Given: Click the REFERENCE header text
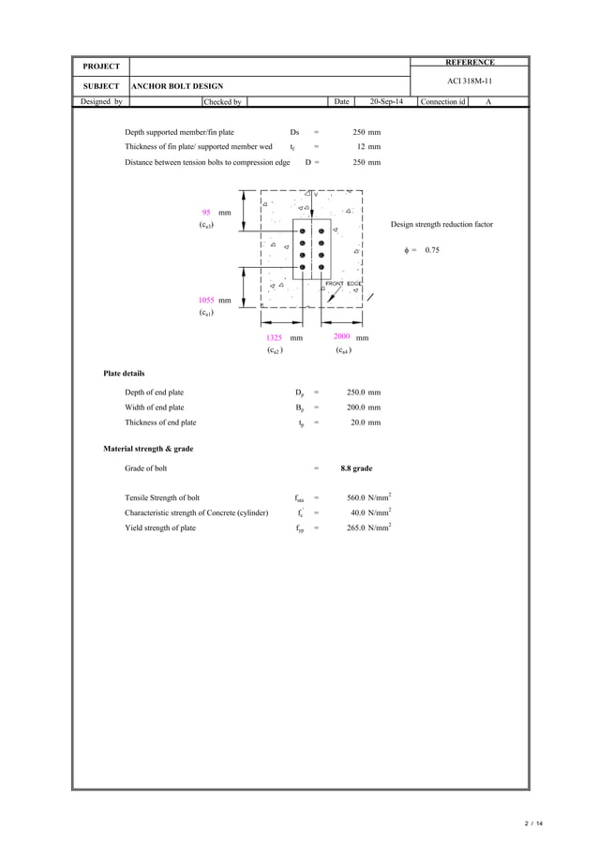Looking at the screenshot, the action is tap(470, 62).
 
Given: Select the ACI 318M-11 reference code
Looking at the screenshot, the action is tap(470, 82).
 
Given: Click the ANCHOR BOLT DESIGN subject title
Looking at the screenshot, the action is tap(176, 86).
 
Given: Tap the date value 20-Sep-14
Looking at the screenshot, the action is tap(386, 101).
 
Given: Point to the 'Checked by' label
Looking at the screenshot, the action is tap(224, 101).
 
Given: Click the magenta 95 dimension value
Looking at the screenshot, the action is tap(205, 213).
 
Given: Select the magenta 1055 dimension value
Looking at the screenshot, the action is tap(206, 300).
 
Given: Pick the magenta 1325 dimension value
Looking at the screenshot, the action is tap(274, 337).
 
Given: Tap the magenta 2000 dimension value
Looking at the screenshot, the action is tap(342, 336).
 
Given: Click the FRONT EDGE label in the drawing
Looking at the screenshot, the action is tap(343, 283).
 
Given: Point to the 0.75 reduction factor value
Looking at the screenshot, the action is tap(432, 250).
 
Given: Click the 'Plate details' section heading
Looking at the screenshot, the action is tap(124, 373).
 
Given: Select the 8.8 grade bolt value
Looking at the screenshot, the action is tap(356, 467).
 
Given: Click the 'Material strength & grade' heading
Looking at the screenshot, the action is tap(148, 449).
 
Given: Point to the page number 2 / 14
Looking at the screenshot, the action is tap(534, 823).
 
